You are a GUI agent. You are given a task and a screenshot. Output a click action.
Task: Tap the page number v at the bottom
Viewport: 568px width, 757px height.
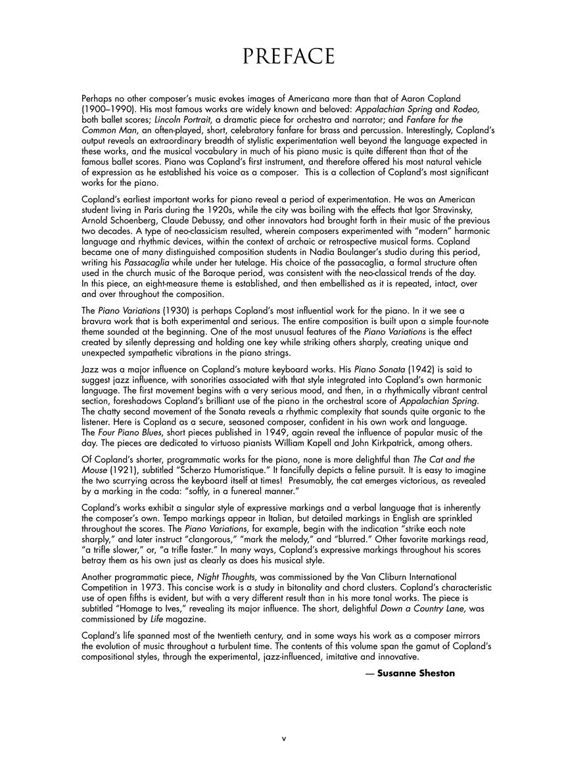(x=284, y=739)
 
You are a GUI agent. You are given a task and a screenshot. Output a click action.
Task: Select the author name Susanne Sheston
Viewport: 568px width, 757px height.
(x=415, y=673)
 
